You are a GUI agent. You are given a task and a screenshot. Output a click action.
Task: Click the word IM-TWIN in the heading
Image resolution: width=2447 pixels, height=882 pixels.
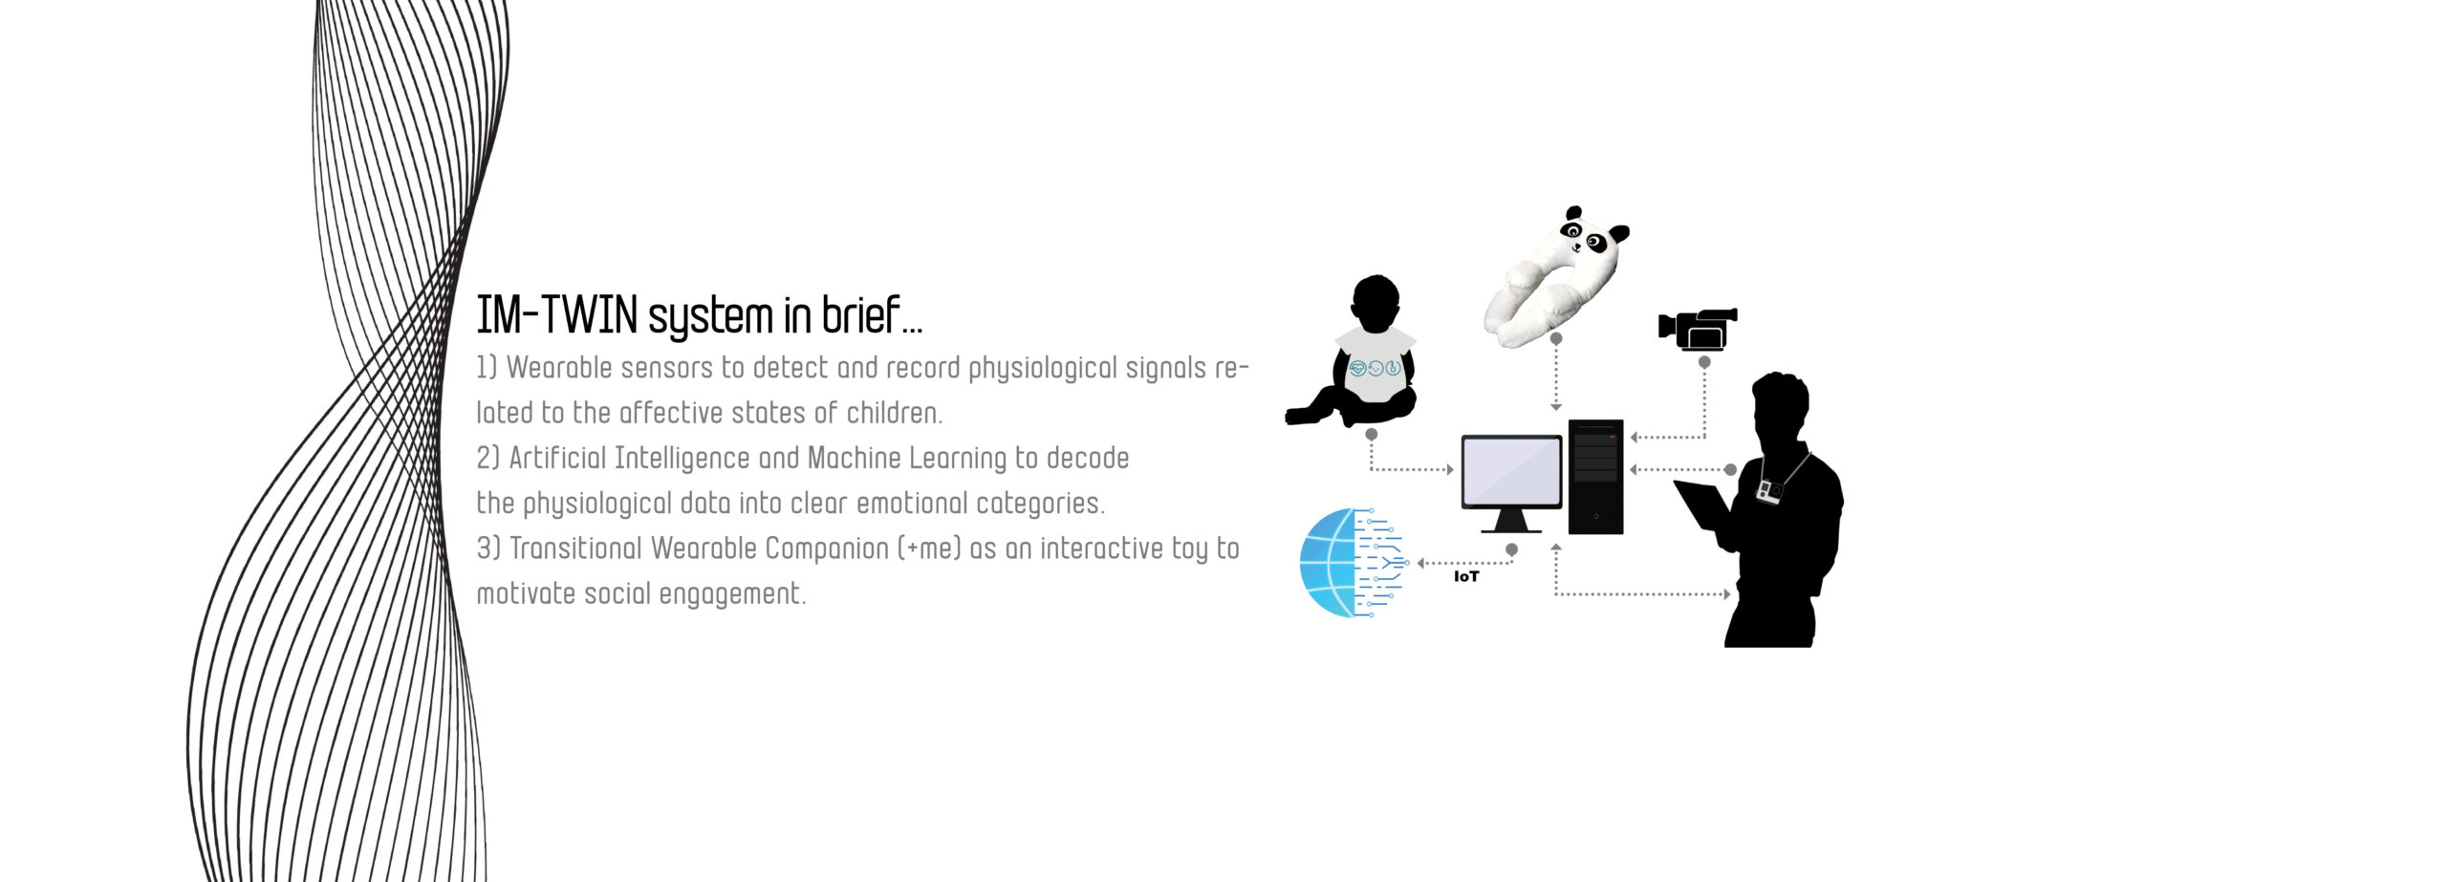(x=556, y=315)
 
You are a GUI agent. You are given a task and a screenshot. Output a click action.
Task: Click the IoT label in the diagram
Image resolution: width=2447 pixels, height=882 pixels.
(x=1465, y=576)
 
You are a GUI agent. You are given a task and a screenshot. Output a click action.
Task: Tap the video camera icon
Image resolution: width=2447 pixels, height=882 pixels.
(x=1698, y=329)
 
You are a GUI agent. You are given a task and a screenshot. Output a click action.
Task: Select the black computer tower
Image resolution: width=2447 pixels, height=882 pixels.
(x=1595, y=476)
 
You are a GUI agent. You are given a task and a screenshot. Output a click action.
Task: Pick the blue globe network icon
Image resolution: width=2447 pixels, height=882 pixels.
(x=1351, y=562)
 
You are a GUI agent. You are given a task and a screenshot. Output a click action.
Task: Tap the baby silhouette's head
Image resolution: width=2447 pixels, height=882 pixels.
(x=1376, y=304)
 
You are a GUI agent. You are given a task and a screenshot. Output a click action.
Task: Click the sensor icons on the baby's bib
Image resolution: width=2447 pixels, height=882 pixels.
(x=1375, y=368)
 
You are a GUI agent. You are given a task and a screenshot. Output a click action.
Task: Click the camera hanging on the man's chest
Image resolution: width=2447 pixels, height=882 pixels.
(x=1769, y=491)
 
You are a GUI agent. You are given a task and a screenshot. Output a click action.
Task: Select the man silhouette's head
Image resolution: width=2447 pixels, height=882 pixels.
(x=1780, y=405)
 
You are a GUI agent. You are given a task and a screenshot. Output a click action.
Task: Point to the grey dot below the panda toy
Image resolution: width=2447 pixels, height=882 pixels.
(x=1556, y=338)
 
